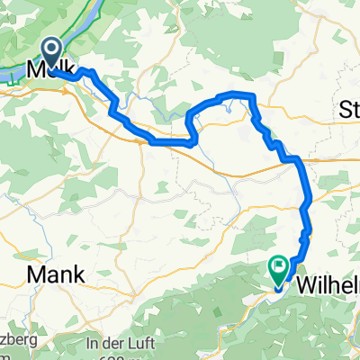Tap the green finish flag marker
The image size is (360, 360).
tap(277, 266)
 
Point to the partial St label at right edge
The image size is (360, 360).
tap(349, 110)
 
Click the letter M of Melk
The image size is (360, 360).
tap(39, 70)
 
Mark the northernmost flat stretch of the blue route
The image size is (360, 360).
tap(236, 94)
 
